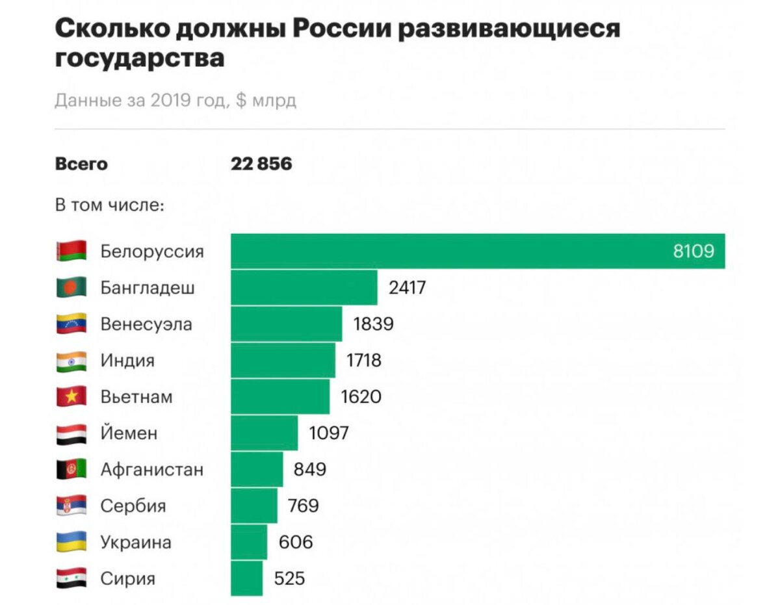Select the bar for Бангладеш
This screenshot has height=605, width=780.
pos(304,287)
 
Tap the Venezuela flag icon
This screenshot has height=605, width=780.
pos(71,324)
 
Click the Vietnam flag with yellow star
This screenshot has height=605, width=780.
pos(71,396)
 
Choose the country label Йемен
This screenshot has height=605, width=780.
pos(129,433)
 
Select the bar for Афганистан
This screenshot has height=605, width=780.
pos(257,469)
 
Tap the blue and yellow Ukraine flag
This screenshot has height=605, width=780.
pos(71,542)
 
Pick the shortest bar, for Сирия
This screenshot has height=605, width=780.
pos(246,578)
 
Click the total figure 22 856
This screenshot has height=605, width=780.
pos(261,164)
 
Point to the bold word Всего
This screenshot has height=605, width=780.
pos(81,164)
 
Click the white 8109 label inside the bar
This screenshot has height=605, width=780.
pos(694,251)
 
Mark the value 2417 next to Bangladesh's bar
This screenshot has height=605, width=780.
pos(407,287)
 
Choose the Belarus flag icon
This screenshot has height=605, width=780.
pos(71,251)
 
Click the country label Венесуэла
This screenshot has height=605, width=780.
pos(146,324)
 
